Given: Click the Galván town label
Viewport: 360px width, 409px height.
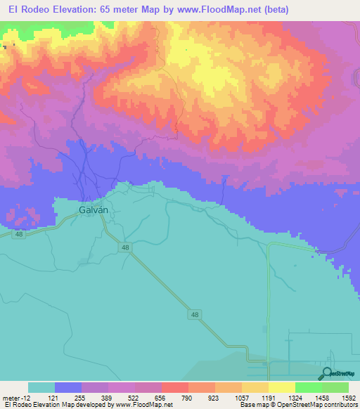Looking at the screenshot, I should click(x=92, y=209).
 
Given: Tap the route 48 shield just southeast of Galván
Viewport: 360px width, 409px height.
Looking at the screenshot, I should click(x=124, y=248).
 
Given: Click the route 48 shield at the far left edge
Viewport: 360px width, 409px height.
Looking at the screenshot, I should click(x=19, y=235).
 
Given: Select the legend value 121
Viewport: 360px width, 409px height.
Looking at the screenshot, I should click(x=67, y=397).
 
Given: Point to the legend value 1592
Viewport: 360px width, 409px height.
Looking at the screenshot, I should click(x=347, y=397).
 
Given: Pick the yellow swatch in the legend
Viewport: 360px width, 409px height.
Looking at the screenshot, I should click(x=281, y=387).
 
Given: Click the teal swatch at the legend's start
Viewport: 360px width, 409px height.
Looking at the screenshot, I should click(x=41, y=387).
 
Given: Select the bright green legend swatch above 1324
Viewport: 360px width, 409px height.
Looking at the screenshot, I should click(x=308, y=387).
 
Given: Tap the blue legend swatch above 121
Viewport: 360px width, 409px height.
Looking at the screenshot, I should click(x=67, y=387).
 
